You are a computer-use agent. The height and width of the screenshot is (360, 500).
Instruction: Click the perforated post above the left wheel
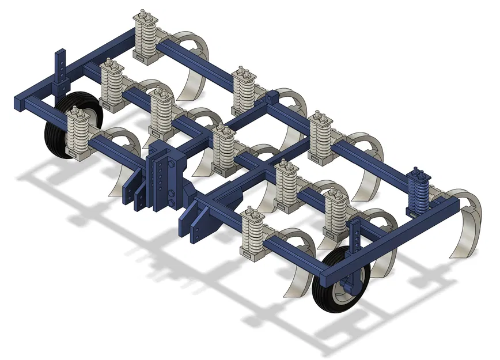[61, 68]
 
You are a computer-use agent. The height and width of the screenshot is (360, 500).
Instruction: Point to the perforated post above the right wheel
[355, 238]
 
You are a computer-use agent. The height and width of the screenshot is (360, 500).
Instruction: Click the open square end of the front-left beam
[20, 103]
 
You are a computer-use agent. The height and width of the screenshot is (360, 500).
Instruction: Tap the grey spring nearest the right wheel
[335, 214]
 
